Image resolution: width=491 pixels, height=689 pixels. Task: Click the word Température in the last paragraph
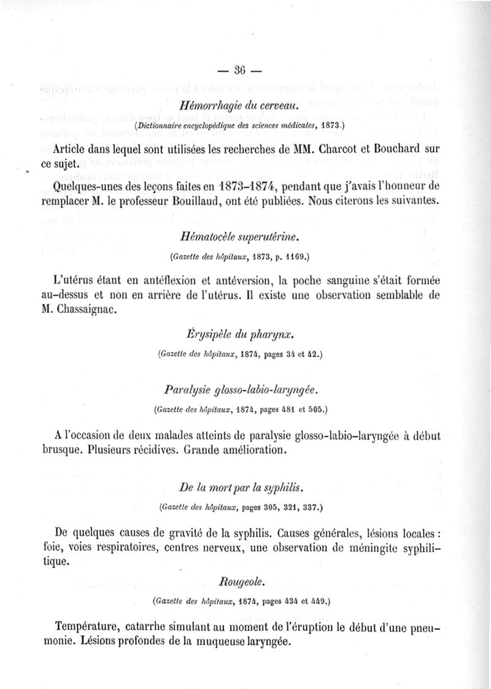[x=90, y=628]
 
